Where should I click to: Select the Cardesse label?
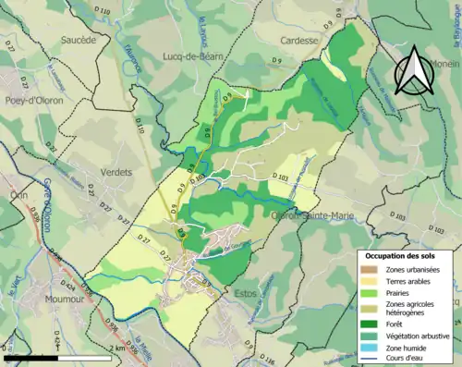pyautogui.click(x=298, y=41)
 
